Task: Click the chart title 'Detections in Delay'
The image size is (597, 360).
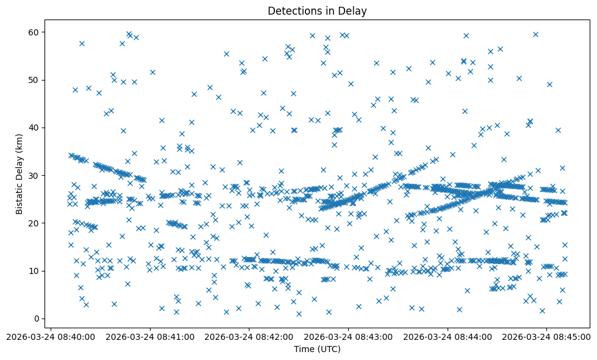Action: coord(317,10)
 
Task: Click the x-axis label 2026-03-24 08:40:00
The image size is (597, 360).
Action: coord(51,336)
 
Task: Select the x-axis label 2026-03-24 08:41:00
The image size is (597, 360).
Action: coord(150,336)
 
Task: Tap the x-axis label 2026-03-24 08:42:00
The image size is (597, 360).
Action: coord(249,336)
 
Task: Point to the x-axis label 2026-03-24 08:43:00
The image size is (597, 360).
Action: coord(348,336)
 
